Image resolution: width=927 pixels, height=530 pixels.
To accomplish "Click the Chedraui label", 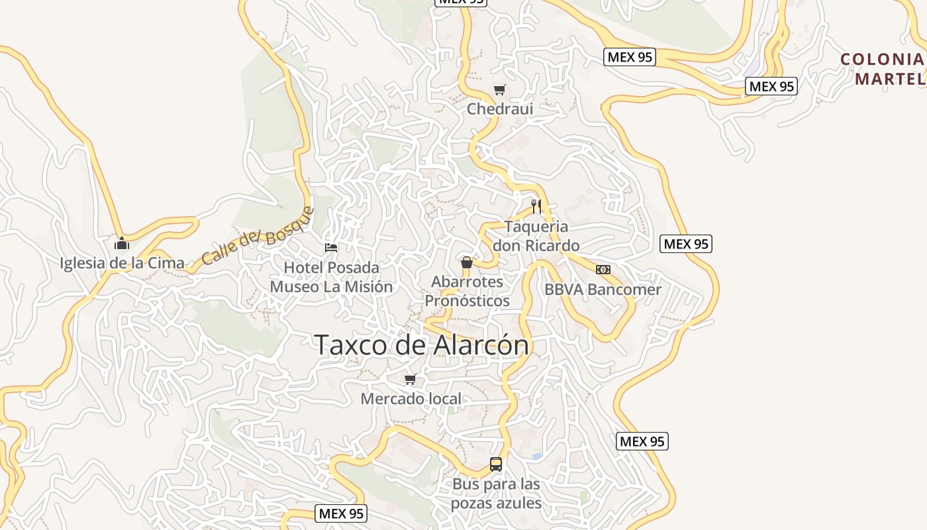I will pos(500,109).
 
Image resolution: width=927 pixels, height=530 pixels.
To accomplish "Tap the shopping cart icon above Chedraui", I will pos(500,90).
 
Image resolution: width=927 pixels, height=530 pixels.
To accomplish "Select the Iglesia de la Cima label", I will pos(122,263).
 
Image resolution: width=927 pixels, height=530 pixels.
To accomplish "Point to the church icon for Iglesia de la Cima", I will pos(121,243).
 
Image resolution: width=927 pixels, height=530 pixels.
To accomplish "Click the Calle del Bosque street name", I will pos(257,235).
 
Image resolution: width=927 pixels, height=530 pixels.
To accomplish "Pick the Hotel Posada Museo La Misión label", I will pos(331,277).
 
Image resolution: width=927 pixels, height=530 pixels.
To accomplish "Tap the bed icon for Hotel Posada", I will pos(331,248).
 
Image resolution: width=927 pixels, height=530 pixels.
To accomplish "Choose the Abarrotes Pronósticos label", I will pos(467,291).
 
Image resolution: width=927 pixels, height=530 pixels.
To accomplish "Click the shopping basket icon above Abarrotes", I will pos(467,263).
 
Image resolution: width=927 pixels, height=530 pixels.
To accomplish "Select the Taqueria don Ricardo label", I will pos(536,236).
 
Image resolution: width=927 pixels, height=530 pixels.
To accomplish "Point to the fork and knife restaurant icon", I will pos(536,207).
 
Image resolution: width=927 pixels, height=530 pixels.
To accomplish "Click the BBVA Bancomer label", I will pos(603,290).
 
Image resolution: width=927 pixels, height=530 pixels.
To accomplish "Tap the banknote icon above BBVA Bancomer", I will pos(603,270).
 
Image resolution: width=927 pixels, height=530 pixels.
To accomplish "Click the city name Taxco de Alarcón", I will pos(422,345).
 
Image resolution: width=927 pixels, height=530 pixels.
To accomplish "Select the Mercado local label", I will pos(411,399).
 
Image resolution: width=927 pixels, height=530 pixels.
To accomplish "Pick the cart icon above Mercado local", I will pos(410,380).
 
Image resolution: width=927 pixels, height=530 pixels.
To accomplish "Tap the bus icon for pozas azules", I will pos(496,464).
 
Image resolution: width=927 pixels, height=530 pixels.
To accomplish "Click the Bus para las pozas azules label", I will pos(496,494).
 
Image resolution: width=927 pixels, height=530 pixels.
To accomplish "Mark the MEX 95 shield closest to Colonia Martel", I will pos(771,86).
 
